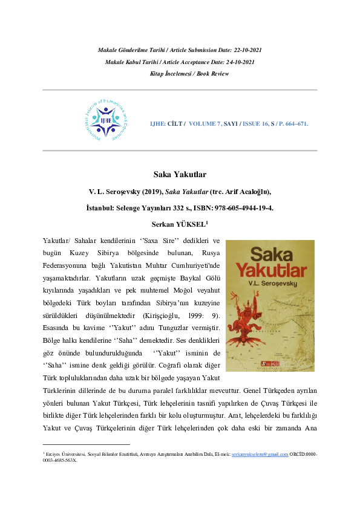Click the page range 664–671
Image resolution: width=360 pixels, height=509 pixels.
tap(295, 124)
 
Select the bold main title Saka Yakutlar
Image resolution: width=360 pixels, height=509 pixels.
tap(180, 175)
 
